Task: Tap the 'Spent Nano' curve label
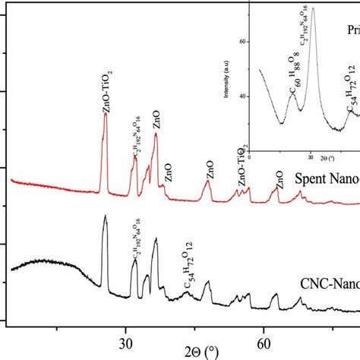click(x=327, y=181)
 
